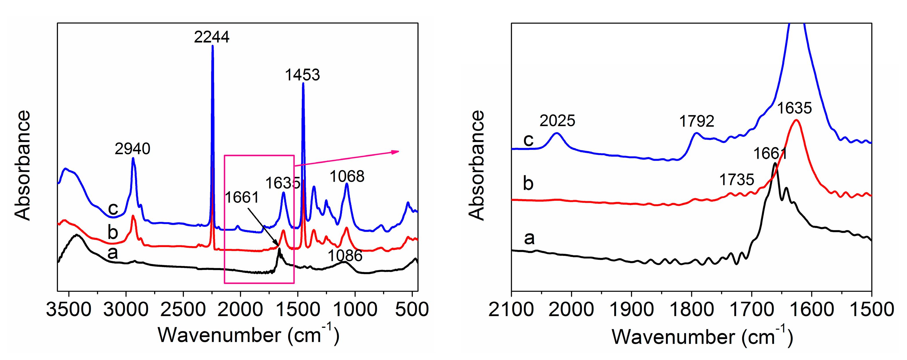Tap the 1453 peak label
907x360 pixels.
click(x=302, y=75)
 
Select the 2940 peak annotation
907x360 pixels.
click(x=132, y=149)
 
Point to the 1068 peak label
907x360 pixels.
click(x=347, y=176)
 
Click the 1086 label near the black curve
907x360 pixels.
click(x=345, y=256)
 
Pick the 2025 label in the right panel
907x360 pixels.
click(x=557, y=121)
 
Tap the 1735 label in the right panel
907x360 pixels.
click(x=737, y=180)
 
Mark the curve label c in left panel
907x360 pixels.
click(x=113, y=208)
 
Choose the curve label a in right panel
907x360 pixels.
click(x=529, y=238)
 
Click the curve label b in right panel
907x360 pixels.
click(x=528, y=183)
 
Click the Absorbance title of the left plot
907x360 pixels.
click(x=23, y=166)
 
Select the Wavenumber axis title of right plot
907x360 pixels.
click(x=702, y=337)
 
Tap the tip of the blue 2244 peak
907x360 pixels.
click(x=212, y=46)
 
